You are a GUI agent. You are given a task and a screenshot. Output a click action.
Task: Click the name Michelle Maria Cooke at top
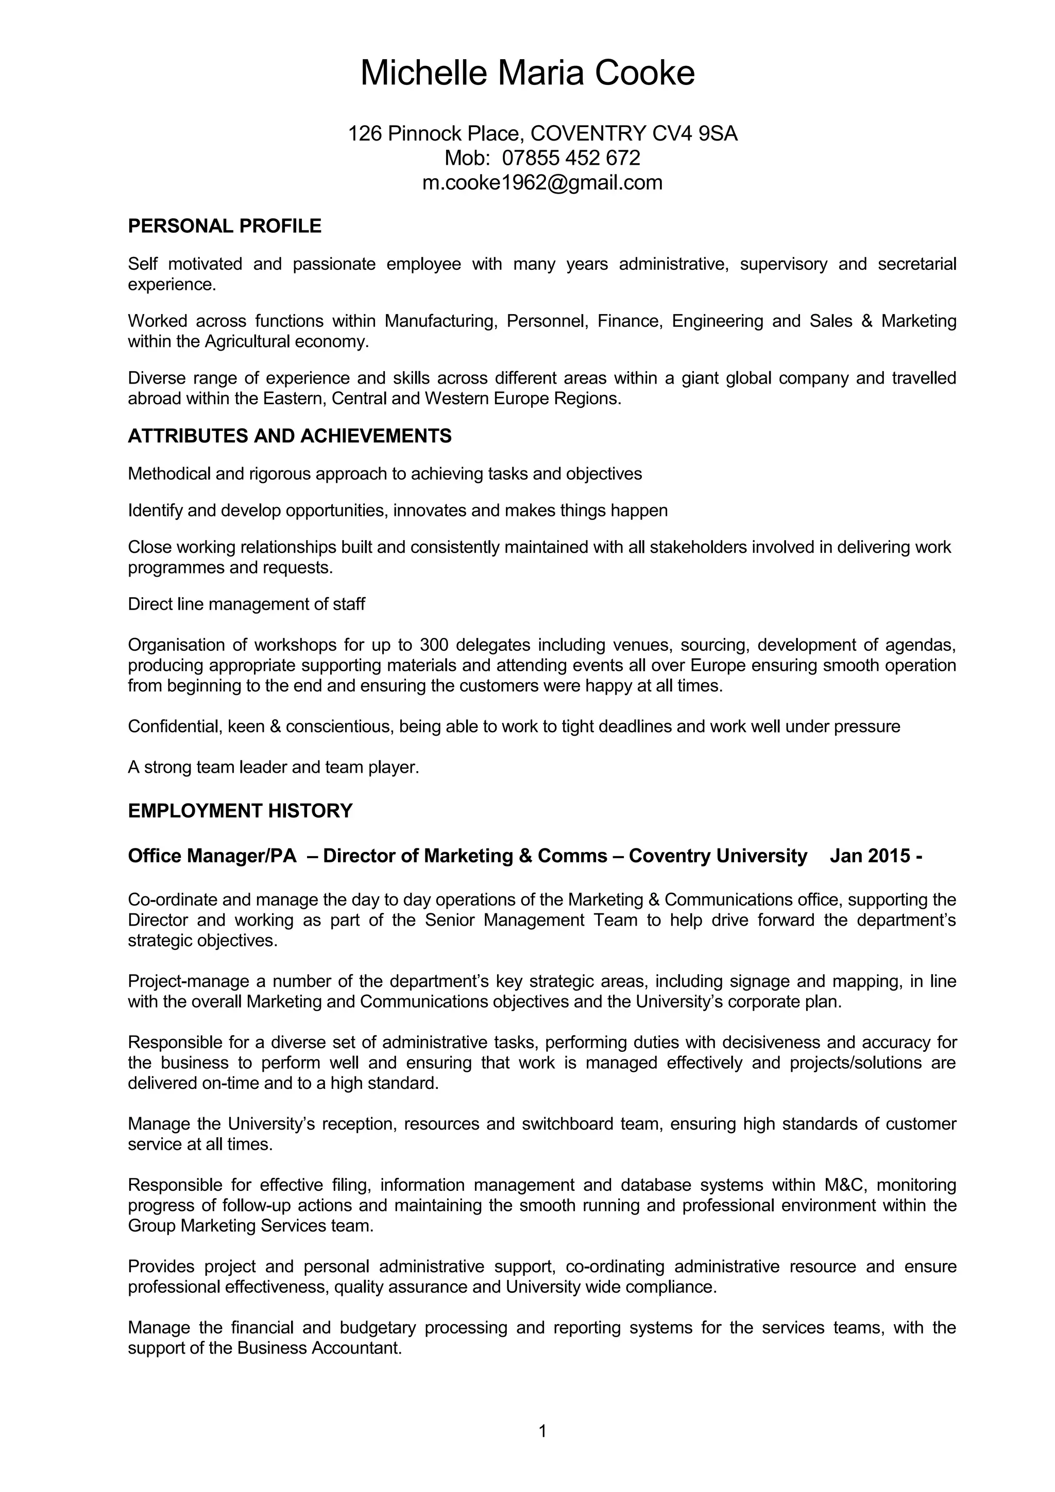[527, 73]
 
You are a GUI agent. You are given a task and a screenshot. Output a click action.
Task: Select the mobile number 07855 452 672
[571, 158]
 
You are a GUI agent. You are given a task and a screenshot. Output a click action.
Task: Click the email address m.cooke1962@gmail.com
[542, 183]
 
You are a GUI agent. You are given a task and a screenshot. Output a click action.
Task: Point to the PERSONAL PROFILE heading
[224, 226]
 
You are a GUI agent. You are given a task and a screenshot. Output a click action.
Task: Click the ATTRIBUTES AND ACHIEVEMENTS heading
[290, 436]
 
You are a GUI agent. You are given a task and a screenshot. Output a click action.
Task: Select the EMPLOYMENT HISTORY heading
[240, 811]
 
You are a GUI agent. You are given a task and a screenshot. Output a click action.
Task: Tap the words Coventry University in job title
[718, 856]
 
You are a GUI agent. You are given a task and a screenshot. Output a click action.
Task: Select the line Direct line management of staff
[246, 604]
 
